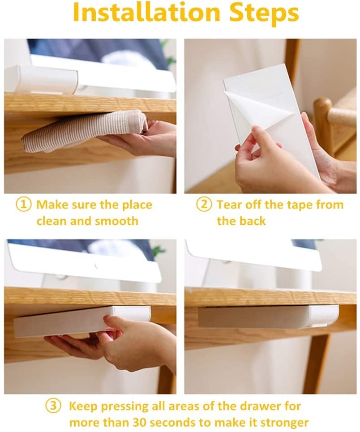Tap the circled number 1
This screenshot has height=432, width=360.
(24, 205)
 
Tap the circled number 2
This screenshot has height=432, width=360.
(204, 205)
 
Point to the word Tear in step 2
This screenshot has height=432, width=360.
(229, 205)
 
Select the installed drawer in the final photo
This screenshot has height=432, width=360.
(268, 316)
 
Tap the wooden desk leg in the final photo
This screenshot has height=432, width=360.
(318, 363)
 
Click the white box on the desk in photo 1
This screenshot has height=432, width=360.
(43, 79)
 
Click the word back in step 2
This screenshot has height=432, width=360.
(253, 221)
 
